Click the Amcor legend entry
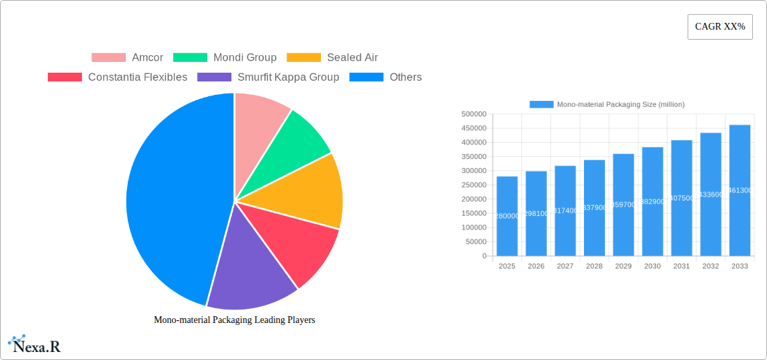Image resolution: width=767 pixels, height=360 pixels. (x=127, y=58)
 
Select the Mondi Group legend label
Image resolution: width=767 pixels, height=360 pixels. (x=225, y=58)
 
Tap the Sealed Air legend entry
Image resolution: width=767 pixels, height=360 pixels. (x=332, y=58)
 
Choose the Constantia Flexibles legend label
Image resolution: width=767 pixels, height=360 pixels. (x=118, y=77)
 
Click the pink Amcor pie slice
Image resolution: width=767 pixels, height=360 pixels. (x=259, y=121)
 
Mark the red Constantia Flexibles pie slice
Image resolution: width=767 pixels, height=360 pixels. (x=296, y=246)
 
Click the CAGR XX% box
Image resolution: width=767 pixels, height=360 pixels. (x=720, y=27)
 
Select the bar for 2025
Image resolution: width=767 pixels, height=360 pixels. (x=507, y=216)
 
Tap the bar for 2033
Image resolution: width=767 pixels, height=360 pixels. (x=739, y=190)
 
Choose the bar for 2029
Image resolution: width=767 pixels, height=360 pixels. (x=623, y=205)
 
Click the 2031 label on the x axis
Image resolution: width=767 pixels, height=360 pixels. (x=682, y=266)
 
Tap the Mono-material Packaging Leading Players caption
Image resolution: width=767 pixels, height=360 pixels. (x=234, y=320)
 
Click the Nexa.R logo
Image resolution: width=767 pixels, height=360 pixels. (x=35, y=345)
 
